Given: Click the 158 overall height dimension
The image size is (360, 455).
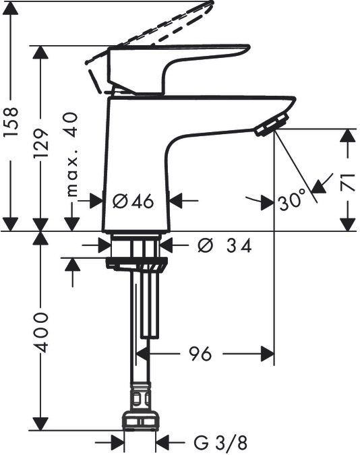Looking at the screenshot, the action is (11, 121).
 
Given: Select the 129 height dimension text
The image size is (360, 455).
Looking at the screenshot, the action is (40, 144).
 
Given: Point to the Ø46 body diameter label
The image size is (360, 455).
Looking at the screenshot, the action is (133, 201).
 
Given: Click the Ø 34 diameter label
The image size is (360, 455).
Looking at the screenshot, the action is (224, 246).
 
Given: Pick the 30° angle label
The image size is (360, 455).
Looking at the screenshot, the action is (293, 200).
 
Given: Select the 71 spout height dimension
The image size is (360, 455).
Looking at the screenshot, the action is (348, 182).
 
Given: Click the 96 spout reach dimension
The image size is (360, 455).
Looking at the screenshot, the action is (200, 354).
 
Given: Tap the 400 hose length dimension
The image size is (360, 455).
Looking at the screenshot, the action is (40, 332).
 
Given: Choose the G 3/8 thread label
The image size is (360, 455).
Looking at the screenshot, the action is (220, 443).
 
